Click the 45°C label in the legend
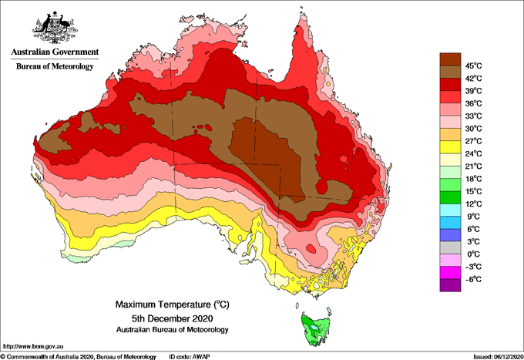474,66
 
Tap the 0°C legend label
473,254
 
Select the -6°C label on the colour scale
473,279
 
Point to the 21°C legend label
474,167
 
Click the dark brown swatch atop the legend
450,59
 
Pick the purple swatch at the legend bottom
450,285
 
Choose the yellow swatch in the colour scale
450,147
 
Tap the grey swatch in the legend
450,247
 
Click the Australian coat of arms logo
55,27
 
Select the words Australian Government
55,52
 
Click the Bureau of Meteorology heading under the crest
55,66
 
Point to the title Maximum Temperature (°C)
173,304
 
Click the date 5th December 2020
173,318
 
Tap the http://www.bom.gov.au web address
33,346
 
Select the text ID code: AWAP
190,357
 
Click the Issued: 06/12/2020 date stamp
498,357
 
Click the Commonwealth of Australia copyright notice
78,357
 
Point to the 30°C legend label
474,129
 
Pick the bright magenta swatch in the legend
450,273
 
